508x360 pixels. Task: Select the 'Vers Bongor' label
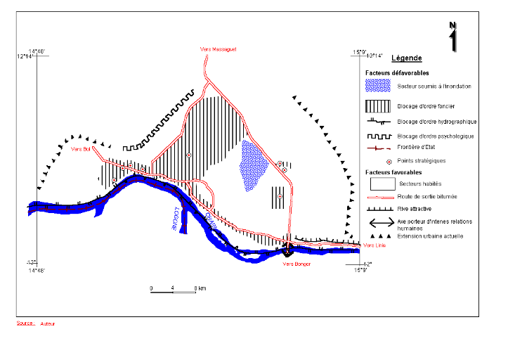pyautogui.click(x=296, y=264)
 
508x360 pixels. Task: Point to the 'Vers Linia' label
pyautogui.click(x=374, y=245)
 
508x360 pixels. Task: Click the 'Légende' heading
pyautogui.click(x=406, y=58)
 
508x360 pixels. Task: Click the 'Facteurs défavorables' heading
pyautogui.click(x=398, y=73)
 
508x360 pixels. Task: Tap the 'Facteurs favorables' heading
pyautogui.click(x=393, y=172)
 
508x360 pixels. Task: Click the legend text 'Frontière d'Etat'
pyautogui.click(x=419, y=148)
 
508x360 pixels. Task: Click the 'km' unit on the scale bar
pyautogui.click(x=202, y=288)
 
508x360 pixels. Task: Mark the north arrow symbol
pyautogui.click(x=453, y=37)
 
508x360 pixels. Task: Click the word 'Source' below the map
pyautogui.click(x=25, y=323)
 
